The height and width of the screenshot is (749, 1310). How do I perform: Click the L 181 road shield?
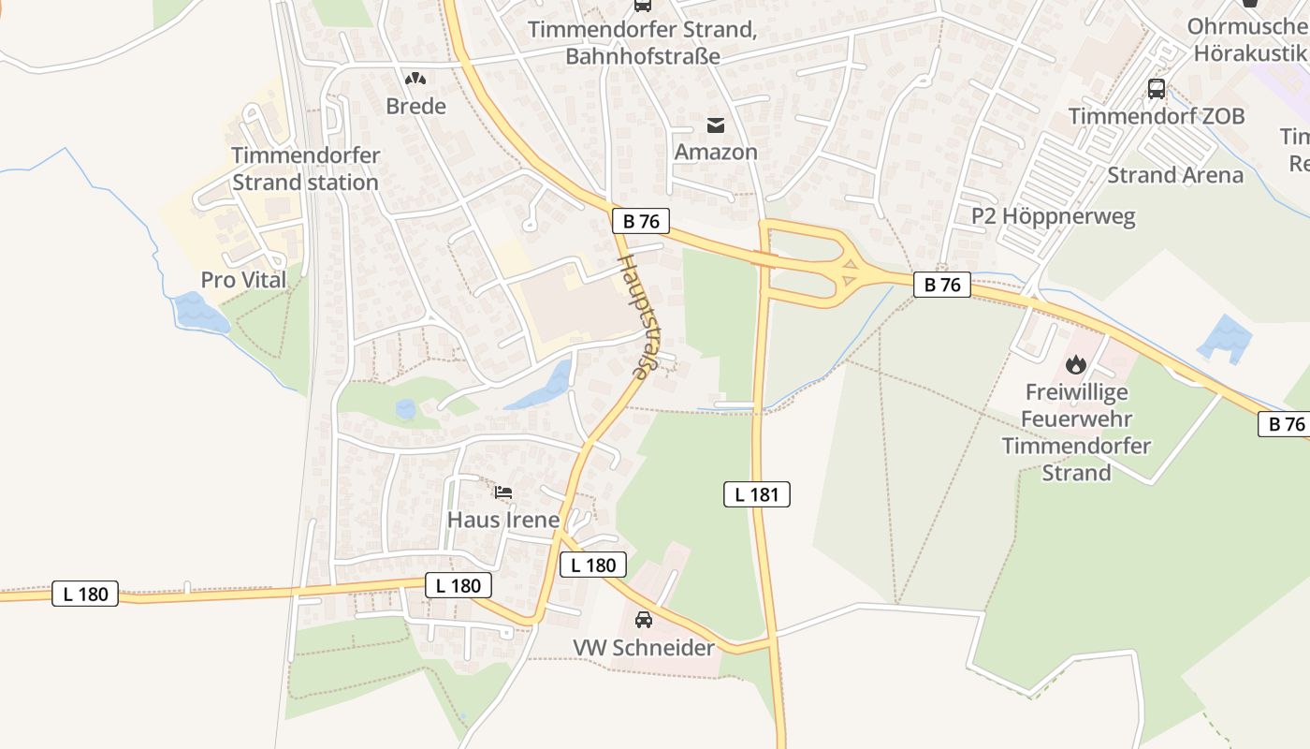(757, 494)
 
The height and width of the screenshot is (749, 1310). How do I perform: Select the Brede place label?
(415, 106)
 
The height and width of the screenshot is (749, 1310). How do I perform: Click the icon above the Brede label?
(415, 81)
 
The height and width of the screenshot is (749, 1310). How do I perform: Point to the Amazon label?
(716, 152)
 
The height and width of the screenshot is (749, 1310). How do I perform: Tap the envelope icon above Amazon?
(716, 125)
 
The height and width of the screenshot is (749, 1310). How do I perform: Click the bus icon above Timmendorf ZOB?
(1157, 89)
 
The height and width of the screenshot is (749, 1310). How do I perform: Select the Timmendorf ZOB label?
(1157, 116)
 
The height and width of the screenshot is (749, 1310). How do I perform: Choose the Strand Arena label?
(1175, 175)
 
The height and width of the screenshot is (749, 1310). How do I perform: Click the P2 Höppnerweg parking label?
(1053, 216)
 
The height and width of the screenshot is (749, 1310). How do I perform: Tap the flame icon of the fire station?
(1076, 363)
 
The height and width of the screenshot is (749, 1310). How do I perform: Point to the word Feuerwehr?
(1076, 419)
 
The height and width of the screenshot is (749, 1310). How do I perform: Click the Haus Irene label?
(503, 520)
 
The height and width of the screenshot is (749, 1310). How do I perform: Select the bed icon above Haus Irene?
(503, 492)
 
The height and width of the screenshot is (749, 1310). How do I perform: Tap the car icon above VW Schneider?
(644, 619)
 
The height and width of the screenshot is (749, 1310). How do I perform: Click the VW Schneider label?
(644, 648)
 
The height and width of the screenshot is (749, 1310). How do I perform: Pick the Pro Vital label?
(243, 280)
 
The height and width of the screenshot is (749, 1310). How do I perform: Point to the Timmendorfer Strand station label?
(305, 169)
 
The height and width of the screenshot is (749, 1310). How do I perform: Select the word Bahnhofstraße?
(643, 56)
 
